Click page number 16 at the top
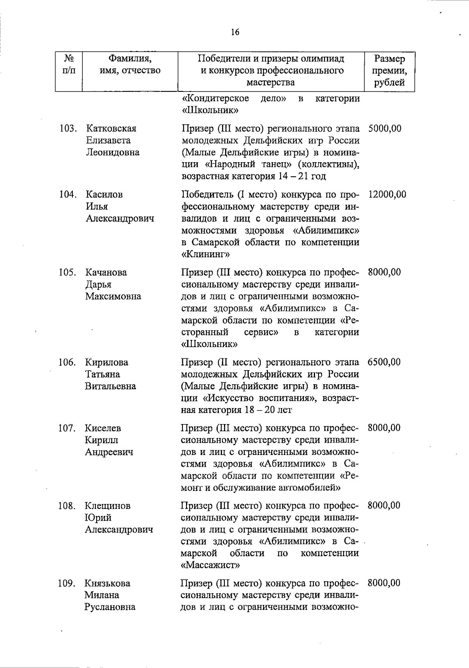[234, 32]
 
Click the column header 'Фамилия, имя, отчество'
[130, 65]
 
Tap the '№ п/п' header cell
[69, 65]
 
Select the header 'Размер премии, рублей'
[389, 71]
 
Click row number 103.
[68, 129]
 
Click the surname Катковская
[111, 129]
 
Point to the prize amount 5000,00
[385, 129]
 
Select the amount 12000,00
[387, 194]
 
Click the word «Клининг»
[206, 254]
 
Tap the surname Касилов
[104, 194]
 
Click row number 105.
[68, 272]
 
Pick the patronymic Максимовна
[113, 296]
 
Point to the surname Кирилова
[107, 362]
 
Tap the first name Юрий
[98, 518]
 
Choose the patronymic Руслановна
[110, 607]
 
